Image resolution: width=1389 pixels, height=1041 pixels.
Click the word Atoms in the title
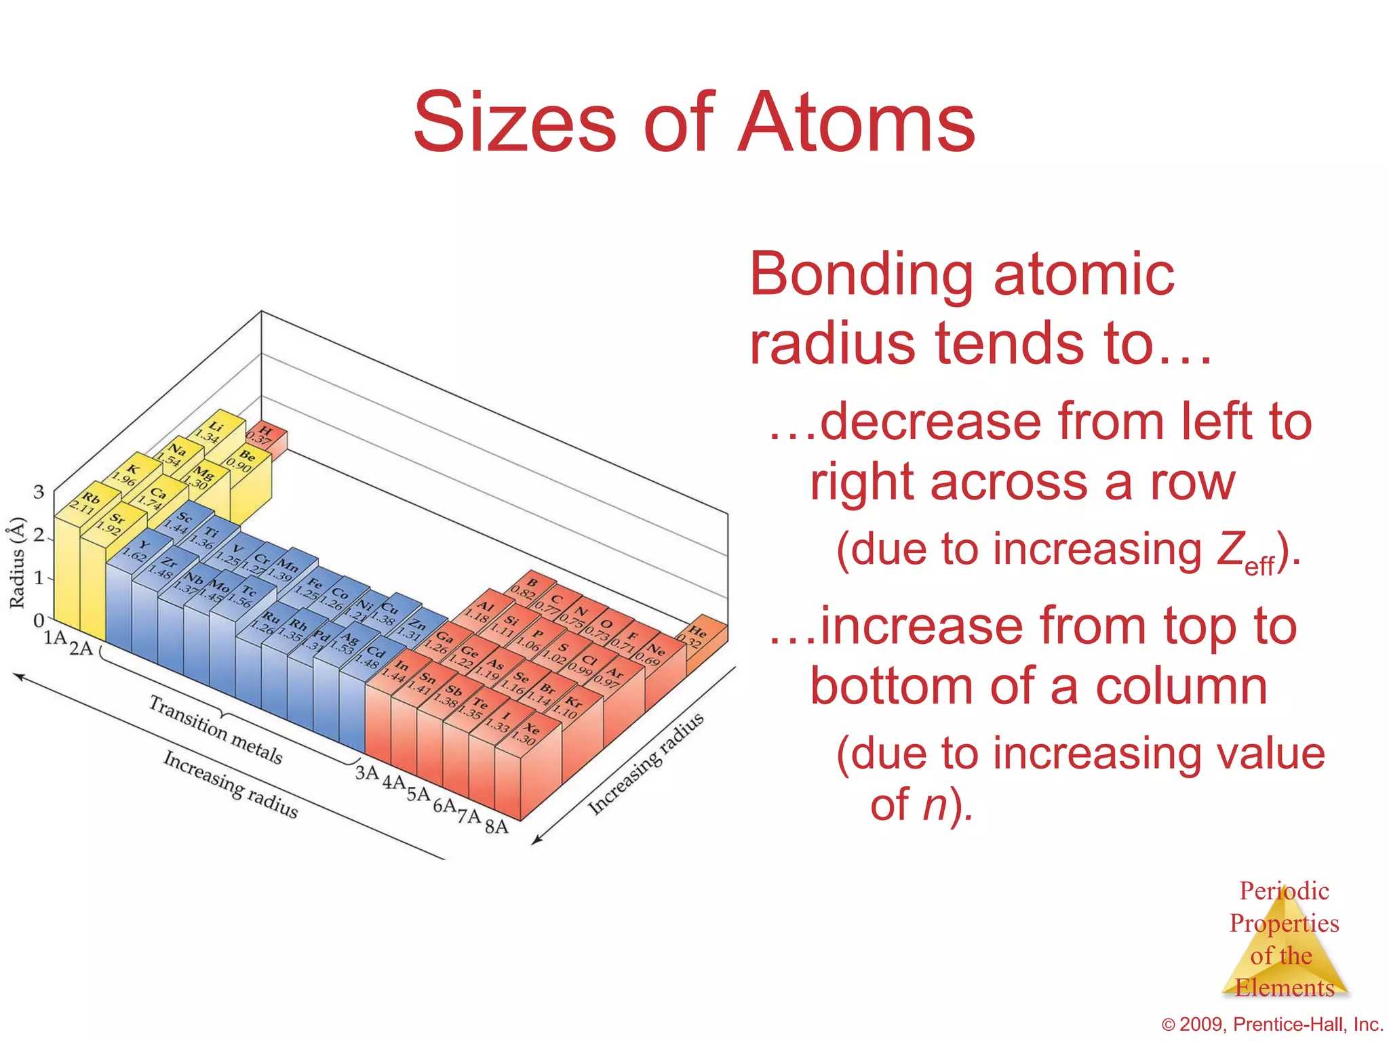coord(856,123)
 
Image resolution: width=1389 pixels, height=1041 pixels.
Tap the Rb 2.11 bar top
coord(87,504)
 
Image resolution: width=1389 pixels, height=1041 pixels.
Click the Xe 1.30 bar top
coord(528,732)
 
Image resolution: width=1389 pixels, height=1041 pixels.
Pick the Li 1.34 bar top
coord(216,430)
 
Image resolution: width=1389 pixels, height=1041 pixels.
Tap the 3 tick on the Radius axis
coord(39,492)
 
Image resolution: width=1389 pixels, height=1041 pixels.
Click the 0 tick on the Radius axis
coord(39,619)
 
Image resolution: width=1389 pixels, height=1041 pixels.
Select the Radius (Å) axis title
coord(17,563)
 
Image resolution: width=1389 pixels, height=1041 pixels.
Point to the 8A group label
coord(496,826)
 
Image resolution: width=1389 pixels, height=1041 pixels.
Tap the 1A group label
coord(55,638)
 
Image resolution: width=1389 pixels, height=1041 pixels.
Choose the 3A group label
coord(367,773)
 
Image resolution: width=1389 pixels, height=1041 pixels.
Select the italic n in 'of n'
coord(935,804)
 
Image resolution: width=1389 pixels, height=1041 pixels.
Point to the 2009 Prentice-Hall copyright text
coord(1272,1024)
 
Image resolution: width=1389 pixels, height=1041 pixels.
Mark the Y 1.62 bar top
coord(140,550)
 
